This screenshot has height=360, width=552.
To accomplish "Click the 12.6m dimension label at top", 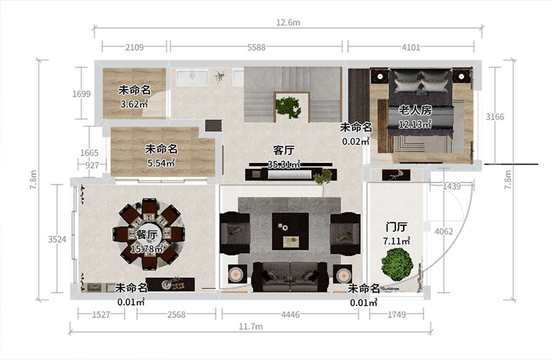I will [288, 22].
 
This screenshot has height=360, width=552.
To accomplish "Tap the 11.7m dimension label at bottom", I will [250, 326].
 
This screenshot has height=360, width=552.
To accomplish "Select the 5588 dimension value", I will [256, 48].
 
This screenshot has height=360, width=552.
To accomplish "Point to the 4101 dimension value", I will [411, 48].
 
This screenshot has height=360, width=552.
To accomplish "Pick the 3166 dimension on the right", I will [495, 117].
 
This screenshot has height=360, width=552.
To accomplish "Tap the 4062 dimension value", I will [444, 231].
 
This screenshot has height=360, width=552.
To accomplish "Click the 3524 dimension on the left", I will [57, 239].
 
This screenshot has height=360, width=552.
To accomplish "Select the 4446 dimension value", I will [289, 314].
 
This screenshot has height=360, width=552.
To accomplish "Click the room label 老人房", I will [415, 110].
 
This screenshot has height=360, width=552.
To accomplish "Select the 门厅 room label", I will [397, 227].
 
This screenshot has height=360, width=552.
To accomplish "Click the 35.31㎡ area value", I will [284, 164].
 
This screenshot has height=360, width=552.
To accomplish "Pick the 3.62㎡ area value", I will [135, 105].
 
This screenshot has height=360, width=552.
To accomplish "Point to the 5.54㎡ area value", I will [161, 163].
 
